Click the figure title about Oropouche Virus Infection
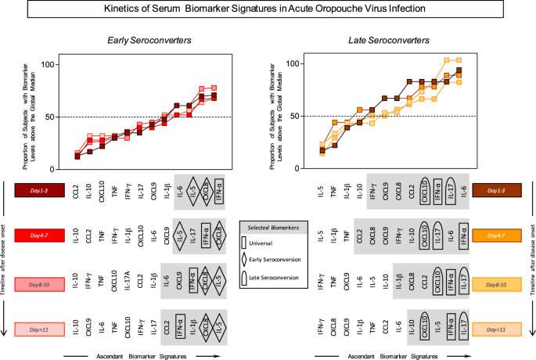(268, 11)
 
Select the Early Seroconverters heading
(142, 40)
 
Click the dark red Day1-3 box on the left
(39, 190)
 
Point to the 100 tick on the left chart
(46, 63)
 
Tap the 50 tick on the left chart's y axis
(49, 117)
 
